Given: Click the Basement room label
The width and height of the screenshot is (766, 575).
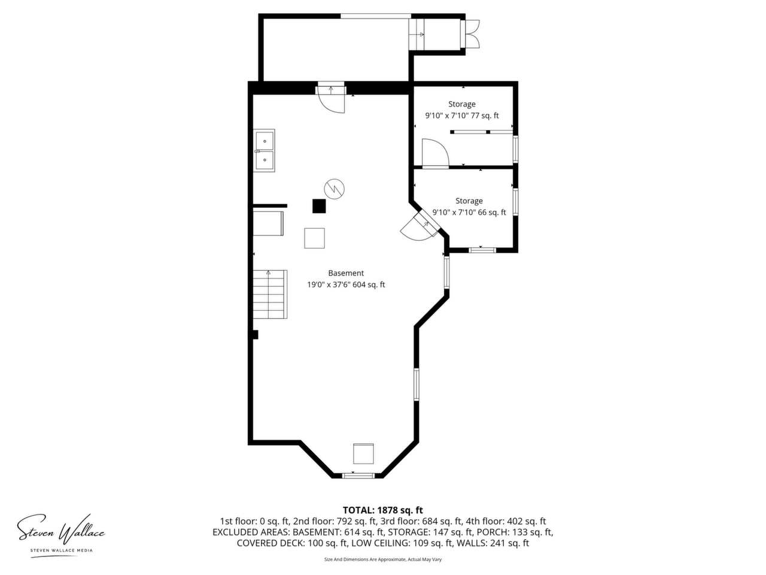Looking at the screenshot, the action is pos(346,273).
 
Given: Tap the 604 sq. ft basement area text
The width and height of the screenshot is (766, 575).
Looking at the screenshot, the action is pos(369,285).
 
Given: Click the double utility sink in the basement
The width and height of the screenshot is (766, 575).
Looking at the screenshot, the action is pos(264,150).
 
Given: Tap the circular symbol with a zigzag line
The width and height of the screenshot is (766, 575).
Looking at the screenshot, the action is pos(335,189).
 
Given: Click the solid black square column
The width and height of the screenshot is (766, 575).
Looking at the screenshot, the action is pos(319,206).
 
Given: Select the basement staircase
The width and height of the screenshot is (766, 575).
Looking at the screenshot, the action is pos(270,294).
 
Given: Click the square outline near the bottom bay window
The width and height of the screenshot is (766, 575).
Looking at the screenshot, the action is pos(363,454).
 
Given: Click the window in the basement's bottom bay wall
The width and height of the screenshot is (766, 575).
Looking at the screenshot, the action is pos(358,475).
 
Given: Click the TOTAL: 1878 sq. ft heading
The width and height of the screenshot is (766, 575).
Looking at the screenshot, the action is pos(382,510).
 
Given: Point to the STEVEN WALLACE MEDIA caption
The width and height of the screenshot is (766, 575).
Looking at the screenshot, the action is pos(62,550).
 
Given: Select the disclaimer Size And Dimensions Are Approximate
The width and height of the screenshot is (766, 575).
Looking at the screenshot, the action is pos(364,559).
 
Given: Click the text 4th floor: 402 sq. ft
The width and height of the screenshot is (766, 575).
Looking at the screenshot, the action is pos(506,521).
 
